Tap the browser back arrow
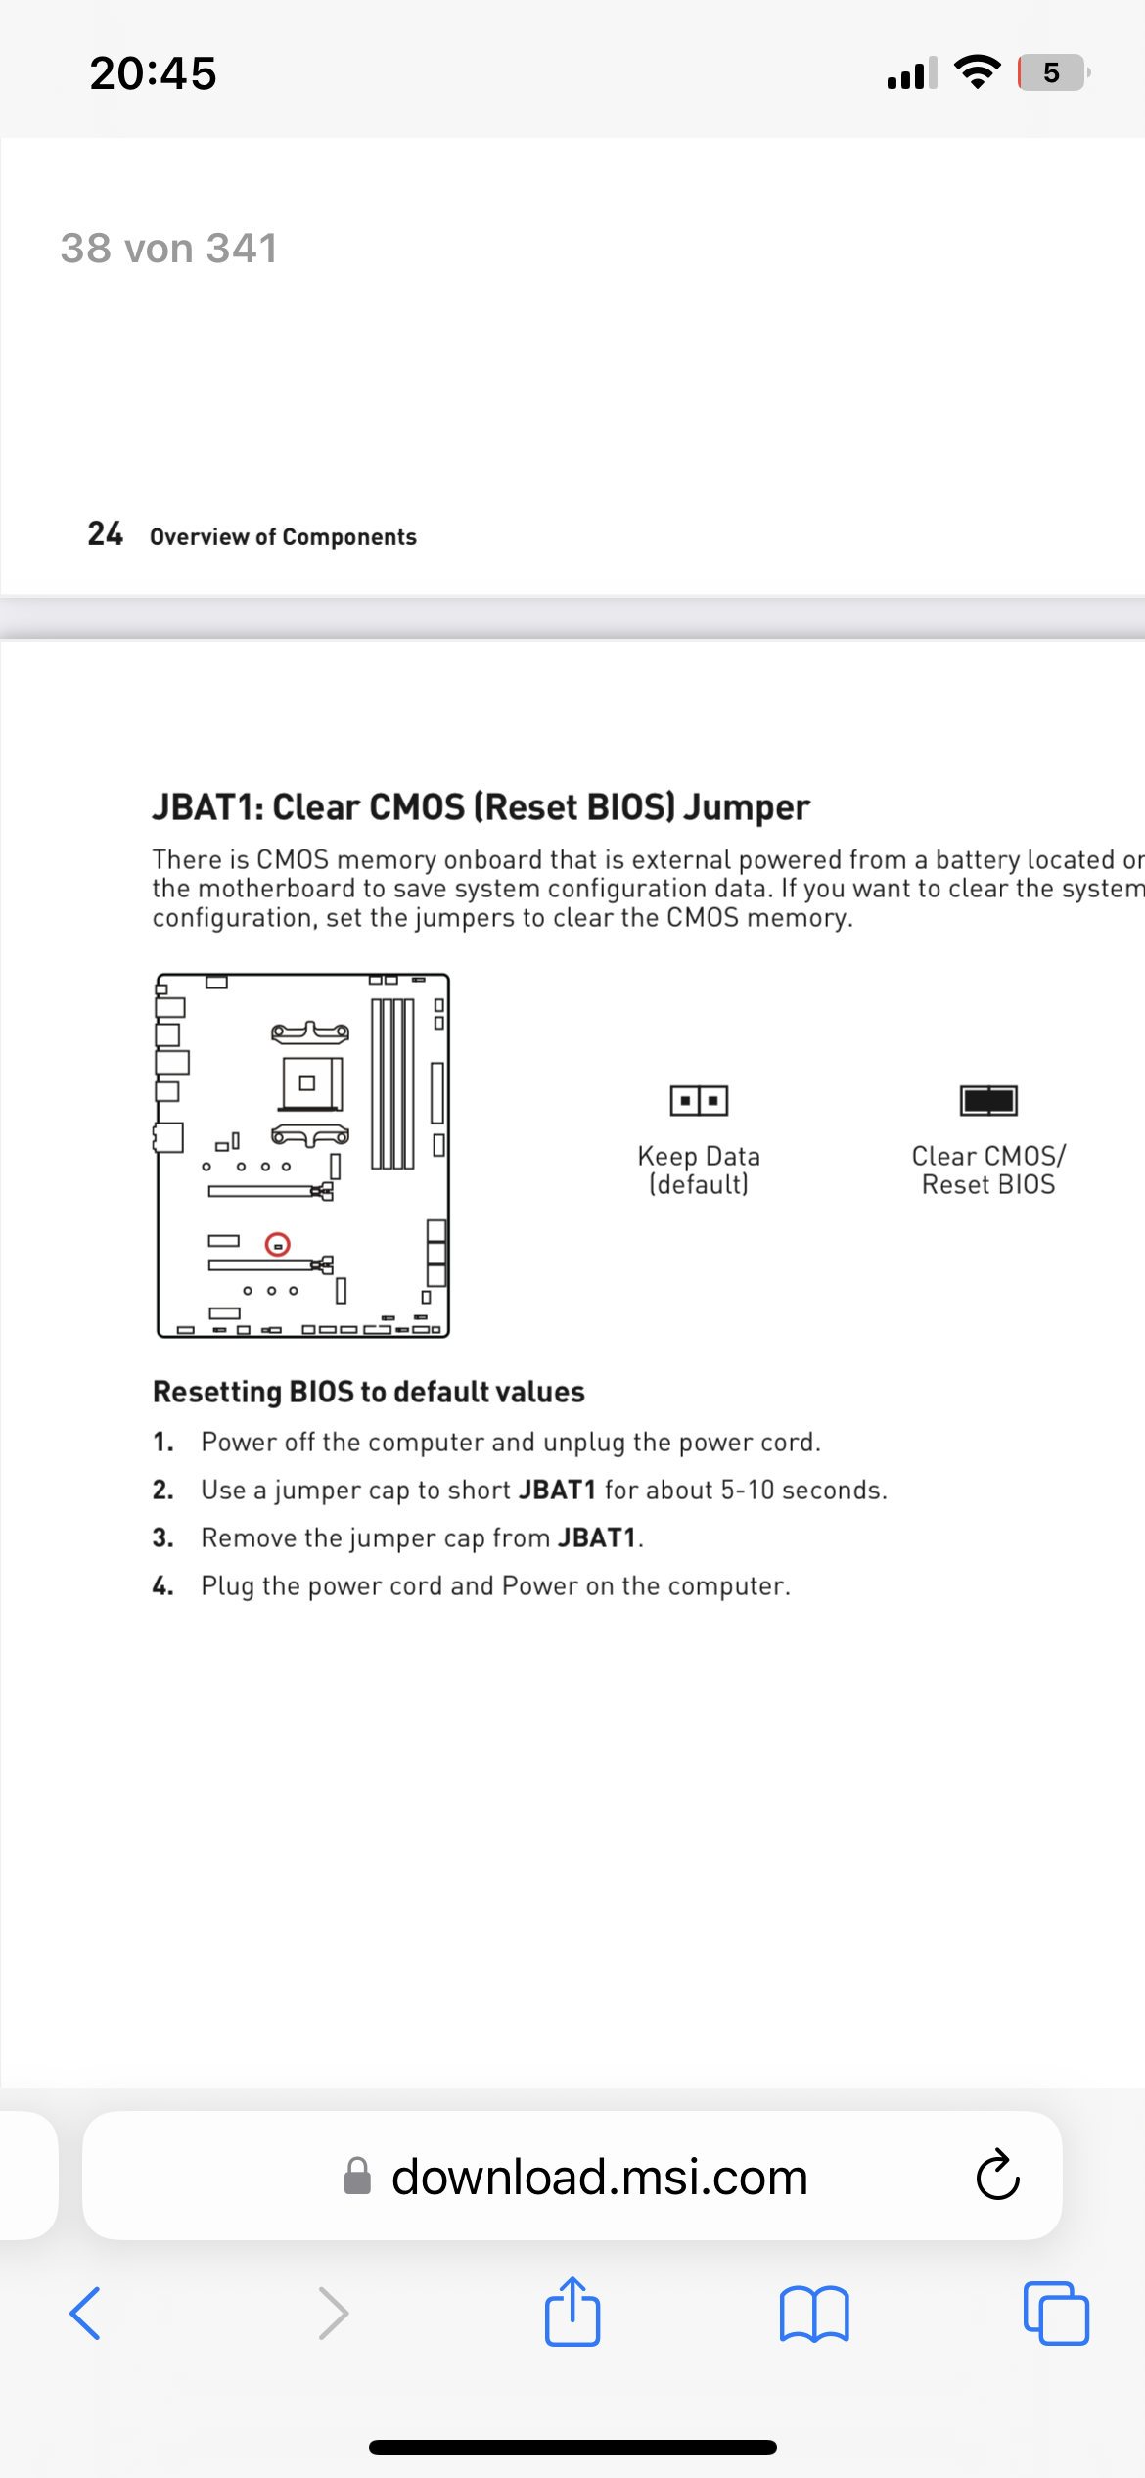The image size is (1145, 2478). [85, 2313]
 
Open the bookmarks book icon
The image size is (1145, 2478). [814, 2314]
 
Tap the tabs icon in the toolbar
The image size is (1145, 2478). [1056, 2313]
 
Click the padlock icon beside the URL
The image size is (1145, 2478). [357, 2177]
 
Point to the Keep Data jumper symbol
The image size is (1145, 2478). [699, 1100]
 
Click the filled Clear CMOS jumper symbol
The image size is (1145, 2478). [988, 1100]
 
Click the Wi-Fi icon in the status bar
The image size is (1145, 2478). [976, 71]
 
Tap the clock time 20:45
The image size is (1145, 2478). [154, 73]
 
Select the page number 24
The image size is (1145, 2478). [106, 533]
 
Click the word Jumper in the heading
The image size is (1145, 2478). [747, 807]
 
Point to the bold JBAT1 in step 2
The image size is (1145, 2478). [558, 1490]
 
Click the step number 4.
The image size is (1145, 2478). [162, 1585]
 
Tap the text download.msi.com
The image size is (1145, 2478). [600, 2177]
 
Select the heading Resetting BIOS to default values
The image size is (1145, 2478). [369, 1392]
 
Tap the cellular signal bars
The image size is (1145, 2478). [912, 72]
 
